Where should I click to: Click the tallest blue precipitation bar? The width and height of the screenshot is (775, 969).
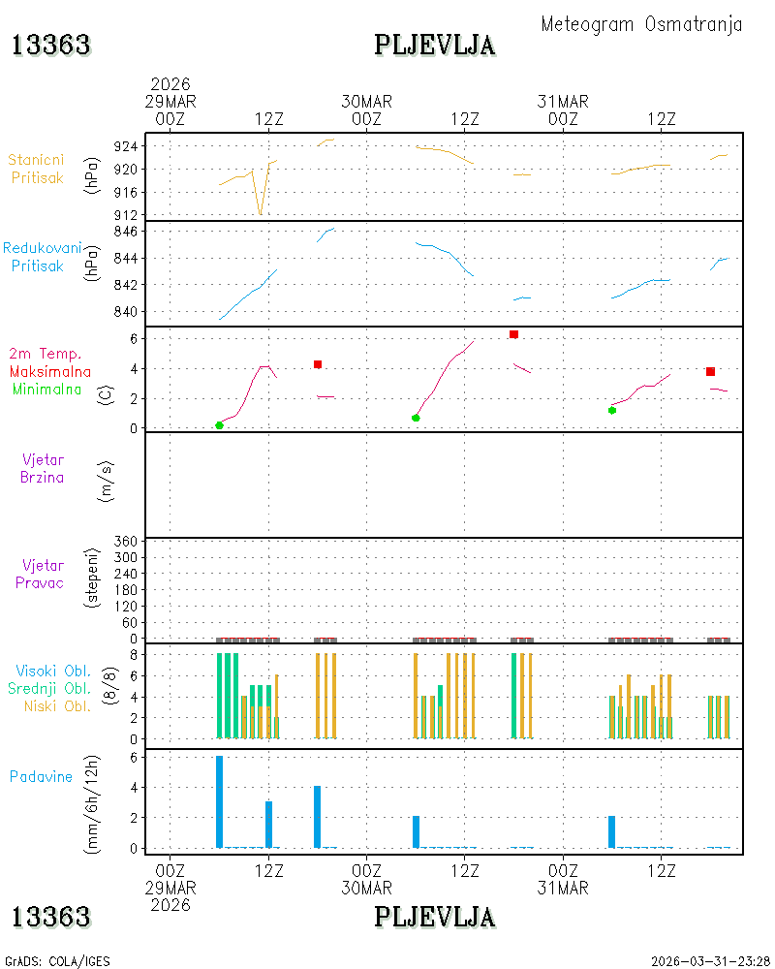click(x=219, y=801)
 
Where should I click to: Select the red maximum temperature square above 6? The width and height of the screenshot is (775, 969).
click(x=513, y=334)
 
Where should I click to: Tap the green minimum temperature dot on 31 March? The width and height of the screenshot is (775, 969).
click(x=612, y=410)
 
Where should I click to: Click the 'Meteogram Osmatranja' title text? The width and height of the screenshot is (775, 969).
click(x=641, y=25)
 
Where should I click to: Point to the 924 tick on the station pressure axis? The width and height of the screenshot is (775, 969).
click(x=126, y=146)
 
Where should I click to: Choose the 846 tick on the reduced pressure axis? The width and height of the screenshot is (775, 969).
click(x=126, y=232)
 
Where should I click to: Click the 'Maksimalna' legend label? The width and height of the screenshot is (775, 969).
click(x=50, y=372)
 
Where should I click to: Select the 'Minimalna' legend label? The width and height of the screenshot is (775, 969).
click(x=46, y=390)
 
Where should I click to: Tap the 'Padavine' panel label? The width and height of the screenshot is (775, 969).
click(x=41, y=777)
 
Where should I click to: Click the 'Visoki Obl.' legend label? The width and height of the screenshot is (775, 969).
click(x=53, y=671)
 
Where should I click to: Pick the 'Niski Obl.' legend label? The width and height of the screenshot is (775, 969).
click(x=57, y=705)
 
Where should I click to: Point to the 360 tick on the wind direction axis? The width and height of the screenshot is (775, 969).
click(x=126, y=542)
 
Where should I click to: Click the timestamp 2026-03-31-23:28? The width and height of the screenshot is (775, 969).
click(x=710, y=961)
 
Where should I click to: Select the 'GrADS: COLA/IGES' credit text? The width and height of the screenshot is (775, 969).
click(x=57, y=961)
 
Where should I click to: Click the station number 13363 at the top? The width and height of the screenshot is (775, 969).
click(x=51, y=46)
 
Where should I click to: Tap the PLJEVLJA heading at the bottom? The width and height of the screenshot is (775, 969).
click(x=434, y=917)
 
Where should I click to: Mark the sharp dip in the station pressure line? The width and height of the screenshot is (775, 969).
click(x=261, y=214)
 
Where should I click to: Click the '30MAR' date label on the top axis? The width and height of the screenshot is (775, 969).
click(x=366, y=102)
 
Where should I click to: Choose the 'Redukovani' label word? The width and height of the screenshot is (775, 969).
click(x=42, y=248)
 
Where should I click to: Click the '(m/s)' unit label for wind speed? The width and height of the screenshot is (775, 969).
click(x=107, y=482)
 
